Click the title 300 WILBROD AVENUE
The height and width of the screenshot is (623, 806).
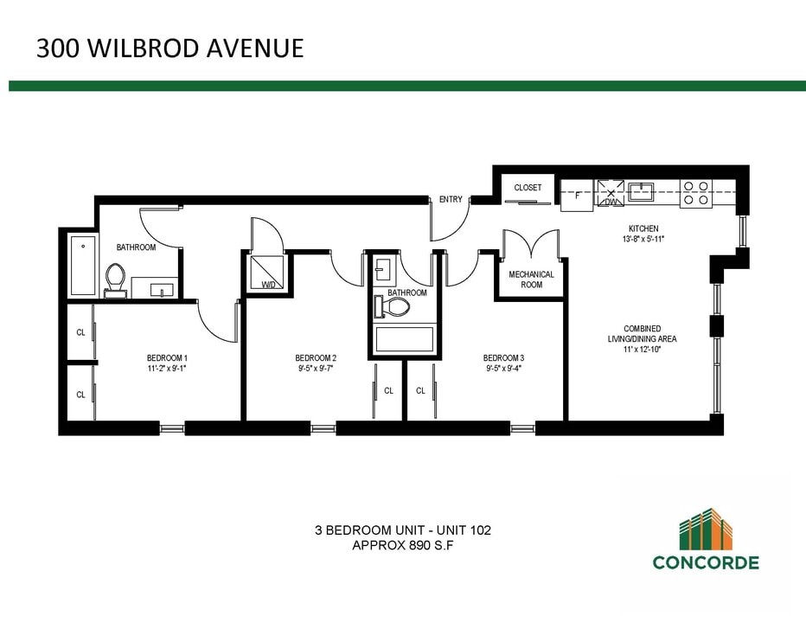pyautogui.click(x=170, y=48)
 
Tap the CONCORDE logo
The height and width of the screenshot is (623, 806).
pyautogui.click(x=705, y=540)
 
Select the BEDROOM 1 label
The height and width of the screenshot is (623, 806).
pyautogui.click(x=167, y=357)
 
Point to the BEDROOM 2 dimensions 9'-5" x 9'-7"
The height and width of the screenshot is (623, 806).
pyautogui.click(x=316, y=369)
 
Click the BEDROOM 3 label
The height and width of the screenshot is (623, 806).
pyautogui.click(x=503, y=357)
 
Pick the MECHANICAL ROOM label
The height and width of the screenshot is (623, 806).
pyautogui.click(x=531, y=279)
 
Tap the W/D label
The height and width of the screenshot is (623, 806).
pyautogui.click(x=268, y=284)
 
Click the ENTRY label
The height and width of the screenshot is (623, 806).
pyautogui.click(x=451, y=200)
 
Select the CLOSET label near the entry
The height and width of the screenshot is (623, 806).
pyautogui.click(x=528, y=188)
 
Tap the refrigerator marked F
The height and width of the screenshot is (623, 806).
pyautogui.click(x=576, y=196)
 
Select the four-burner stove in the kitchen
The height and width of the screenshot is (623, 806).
pyautogui.click(x=695, y=193)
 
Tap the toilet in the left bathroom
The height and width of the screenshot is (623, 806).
pyautogui.click(x=115, y=279)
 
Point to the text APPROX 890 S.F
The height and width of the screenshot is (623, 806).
pyautogui.click(x=403, y=546)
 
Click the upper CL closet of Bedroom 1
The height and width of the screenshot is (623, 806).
pyautogui.click(x=80, y=331)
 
